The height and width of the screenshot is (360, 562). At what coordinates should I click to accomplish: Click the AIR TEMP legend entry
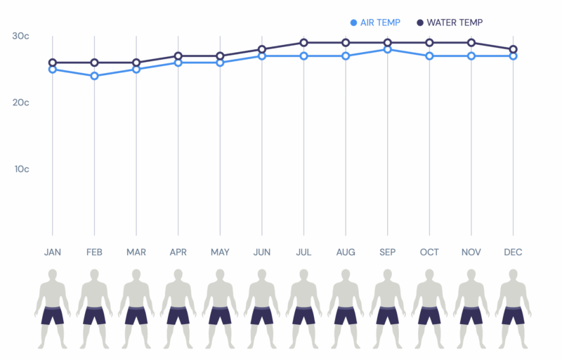pos(375,22)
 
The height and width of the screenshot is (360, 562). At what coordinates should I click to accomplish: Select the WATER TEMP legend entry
pos(450,22)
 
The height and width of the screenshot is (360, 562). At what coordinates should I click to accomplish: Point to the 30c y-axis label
pos(20,36)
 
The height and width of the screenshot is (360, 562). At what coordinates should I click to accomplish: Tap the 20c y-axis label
pos(20,103)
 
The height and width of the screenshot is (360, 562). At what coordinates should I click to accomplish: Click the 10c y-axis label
pos(20,169)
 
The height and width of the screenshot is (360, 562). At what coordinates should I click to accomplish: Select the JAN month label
pos(53,252)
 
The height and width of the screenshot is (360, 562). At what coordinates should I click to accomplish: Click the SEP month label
pos(387,252)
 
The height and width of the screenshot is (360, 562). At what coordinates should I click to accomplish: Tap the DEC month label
pos(513,252)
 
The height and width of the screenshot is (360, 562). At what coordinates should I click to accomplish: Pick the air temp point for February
pos(94,76)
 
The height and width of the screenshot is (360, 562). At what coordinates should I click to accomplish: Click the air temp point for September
pos(387,49)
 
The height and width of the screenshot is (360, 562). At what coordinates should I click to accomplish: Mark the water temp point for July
pos(303,43)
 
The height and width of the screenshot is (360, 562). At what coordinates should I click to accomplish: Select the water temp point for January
pos(53,63)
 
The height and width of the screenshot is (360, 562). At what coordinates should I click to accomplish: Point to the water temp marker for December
pos(513,49)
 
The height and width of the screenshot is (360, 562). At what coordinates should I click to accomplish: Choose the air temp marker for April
pos(178,63)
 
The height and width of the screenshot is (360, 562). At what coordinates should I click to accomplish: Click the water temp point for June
pos(262,49)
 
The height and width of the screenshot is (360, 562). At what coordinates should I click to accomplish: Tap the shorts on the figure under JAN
pos(53,315)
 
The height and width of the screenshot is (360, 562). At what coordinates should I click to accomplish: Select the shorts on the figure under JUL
pos(303,315)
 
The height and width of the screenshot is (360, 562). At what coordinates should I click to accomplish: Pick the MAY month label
pos(220,252)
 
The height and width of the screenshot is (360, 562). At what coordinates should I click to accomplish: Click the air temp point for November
pos(471,56)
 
